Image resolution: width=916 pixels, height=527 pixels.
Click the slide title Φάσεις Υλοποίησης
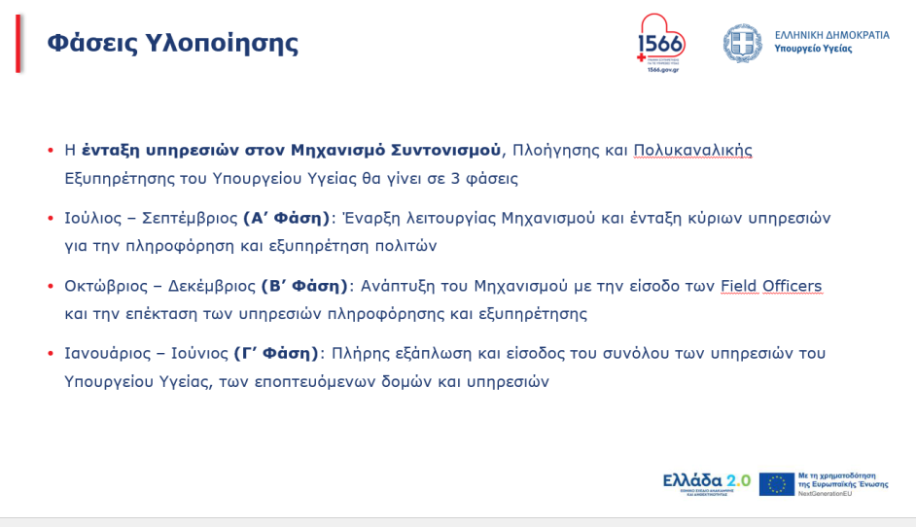[x=173, y=44]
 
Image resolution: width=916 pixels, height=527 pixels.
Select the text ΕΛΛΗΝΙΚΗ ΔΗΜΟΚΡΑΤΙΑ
[x=831, y=35]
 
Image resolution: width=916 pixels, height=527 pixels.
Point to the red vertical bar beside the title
[x=18, y=44]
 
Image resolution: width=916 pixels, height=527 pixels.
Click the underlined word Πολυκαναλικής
[x=692, y=151]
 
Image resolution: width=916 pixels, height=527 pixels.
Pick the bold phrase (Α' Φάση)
[x=288, y=218]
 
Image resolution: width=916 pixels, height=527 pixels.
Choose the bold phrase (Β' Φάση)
[x=304, y=286]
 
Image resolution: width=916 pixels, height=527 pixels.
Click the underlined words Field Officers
[x=771, y=286]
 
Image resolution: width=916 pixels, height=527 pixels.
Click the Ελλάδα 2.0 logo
[x=706, y=482]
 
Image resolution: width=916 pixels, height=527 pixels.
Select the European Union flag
[x=776, y=483]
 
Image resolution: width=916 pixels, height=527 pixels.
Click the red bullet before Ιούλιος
[x=51, y=218]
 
